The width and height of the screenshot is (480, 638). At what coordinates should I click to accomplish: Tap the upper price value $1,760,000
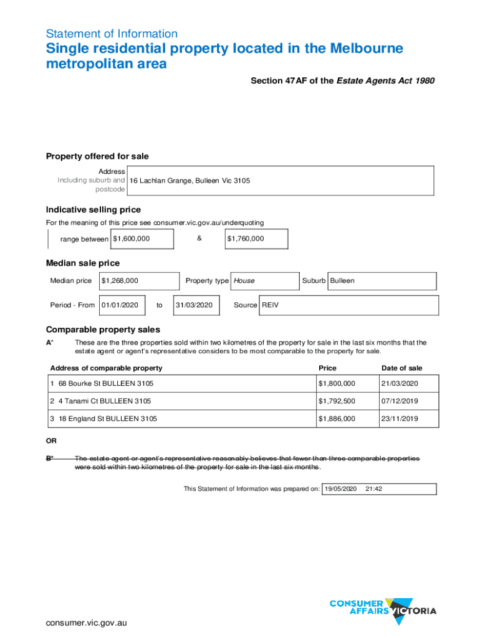(246, 239)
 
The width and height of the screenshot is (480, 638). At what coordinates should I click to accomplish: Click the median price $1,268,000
(120, 280)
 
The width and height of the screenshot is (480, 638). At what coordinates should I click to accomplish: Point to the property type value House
(244, 280)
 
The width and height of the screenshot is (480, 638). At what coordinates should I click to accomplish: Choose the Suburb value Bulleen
(342, 280)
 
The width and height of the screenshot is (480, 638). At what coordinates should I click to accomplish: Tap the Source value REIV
(270, 305)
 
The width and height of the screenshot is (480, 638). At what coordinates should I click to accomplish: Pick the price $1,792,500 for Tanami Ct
(337, 401)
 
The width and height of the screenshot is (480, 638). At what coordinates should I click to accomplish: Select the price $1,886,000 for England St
(337, 419)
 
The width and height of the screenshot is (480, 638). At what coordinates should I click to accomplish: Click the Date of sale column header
(401, 368)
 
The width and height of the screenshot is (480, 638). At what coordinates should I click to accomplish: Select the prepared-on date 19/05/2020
(340, 488)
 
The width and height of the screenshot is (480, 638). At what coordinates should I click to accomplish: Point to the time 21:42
(374, 488)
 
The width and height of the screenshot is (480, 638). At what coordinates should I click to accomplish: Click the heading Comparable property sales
(103, 330)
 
